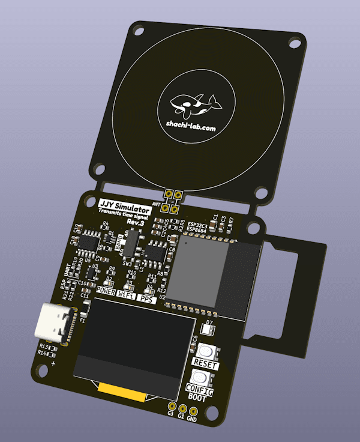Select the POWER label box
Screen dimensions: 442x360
tap(106, 291)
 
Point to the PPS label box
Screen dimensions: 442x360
tap(146, 298)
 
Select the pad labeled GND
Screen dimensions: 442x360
tap(193, 408)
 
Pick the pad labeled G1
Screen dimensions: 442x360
tap(182, 407)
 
